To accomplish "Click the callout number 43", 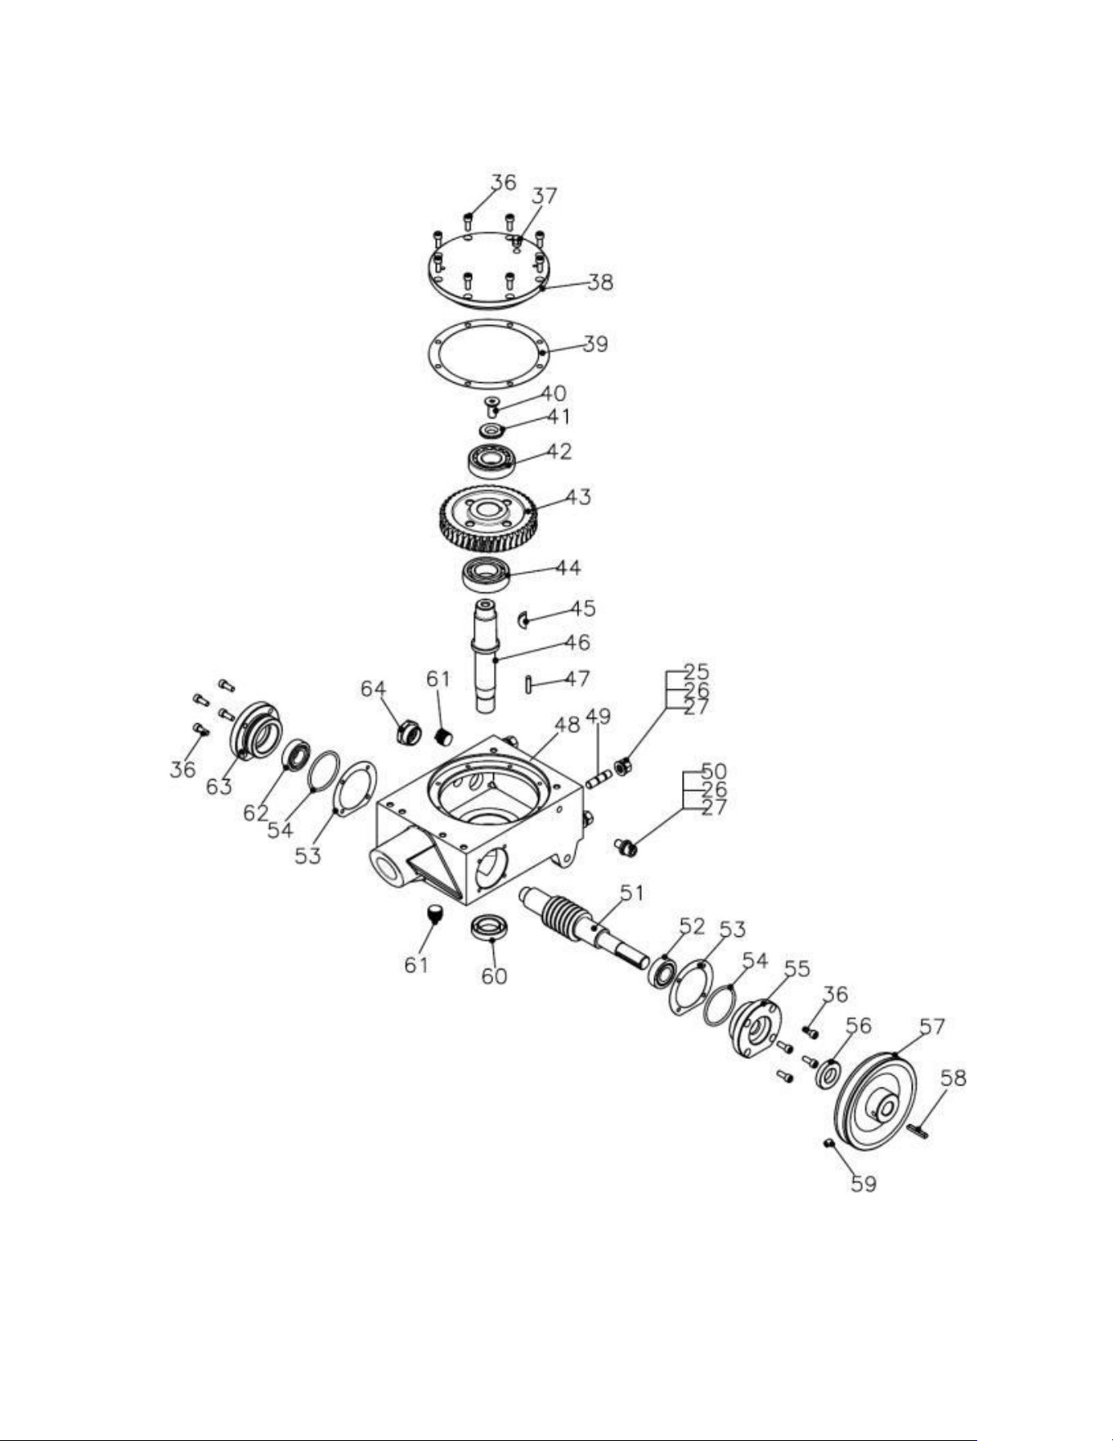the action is [578, 497].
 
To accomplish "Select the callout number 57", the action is [932, 1026].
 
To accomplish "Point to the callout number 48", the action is [567, 724].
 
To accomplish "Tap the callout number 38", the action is [600, 282].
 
